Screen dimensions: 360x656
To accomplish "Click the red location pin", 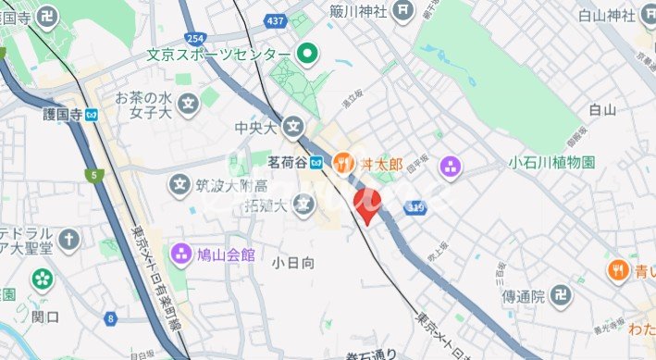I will coord(365,205).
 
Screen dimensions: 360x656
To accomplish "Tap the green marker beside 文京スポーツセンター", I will coord(309,56).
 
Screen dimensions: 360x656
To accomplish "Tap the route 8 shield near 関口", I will coord(112,319).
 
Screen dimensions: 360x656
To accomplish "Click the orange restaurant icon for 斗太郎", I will coord(343,163).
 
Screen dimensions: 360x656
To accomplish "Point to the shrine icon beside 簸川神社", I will coord(402,11).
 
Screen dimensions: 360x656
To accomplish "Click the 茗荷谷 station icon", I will coord(316,163).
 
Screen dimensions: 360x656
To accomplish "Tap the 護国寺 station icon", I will coord(92,115).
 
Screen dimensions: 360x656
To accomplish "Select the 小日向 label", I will coord(294,264).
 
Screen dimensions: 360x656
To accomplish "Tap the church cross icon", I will coord(69,240).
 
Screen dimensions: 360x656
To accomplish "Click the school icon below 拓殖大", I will coord(301,202).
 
